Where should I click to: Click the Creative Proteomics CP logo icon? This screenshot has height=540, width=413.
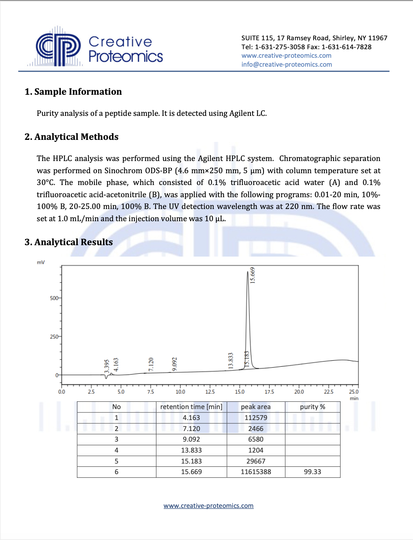[58, 48]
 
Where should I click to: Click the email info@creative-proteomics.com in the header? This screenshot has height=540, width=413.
[286, 64]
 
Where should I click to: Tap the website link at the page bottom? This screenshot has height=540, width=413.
[208, 505]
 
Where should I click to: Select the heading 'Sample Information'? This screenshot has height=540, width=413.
[73, 92]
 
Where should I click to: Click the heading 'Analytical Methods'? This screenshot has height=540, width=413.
[72, 137]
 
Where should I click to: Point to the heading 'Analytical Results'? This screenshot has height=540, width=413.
[69, 242]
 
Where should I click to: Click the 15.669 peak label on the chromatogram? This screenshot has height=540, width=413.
[253, 275]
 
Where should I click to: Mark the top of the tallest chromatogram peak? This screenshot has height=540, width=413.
[248, 272]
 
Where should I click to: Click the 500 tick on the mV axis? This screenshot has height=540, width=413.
[54, 298]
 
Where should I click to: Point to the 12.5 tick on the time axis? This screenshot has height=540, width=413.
[210, 392]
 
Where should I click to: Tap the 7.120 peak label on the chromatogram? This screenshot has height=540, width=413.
[151, 364]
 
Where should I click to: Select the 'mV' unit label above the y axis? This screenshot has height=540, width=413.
[41, 262]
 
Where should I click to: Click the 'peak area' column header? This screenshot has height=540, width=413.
[255, 407]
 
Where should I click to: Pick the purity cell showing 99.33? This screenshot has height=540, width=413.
[312, 472]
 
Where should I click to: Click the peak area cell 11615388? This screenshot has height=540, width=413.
[255, 472]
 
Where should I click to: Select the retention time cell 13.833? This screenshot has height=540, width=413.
[191, 450]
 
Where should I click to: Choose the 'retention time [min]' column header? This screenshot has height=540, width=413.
[191, 407]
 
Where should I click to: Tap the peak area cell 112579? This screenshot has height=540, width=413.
[255, 418]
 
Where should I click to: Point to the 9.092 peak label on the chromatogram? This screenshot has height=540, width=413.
[175, 364]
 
